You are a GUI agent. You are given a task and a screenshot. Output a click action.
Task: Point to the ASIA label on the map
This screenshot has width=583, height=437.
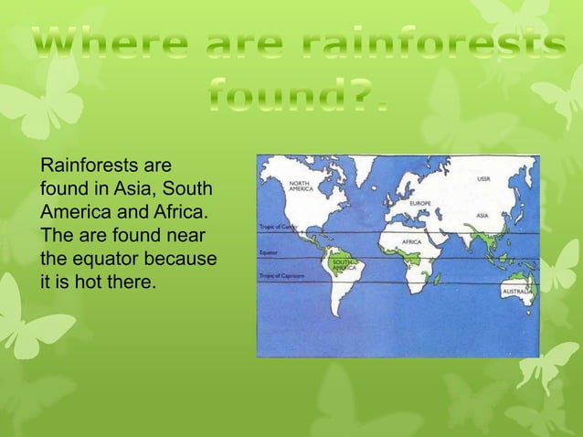[482, 216]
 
